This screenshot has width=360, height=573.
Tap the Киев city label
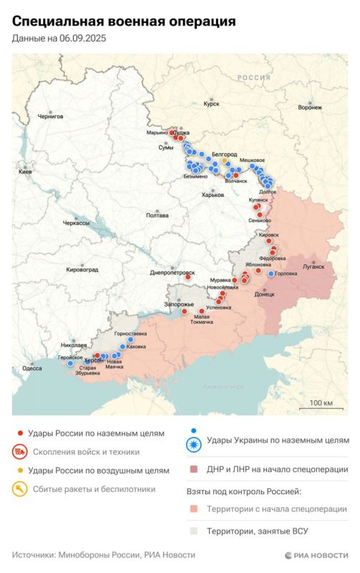tap(25, 173)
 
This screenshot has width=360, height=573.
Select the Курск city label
tap(211, 104)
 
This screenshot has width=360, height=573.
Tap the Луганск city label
tap(313, 266)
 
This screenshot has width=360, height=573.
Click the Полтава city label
tap(157, 215)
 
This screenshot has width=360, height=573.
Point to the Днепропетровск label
tap(172, 272)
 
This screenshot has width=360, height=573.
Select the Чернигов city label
tap(50, 115)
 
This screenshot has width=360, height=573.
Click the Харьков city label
tap(213, 195)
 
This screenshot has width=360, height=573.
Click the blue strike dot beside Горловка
tap(270, 274)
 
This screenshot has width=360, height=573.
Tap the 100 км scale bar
tap(321, 408)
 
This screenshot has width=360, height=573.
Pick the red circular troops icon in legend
tap(21, 452)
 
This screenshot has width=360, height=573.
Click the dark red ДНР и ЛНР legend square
tap(193, 470)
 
